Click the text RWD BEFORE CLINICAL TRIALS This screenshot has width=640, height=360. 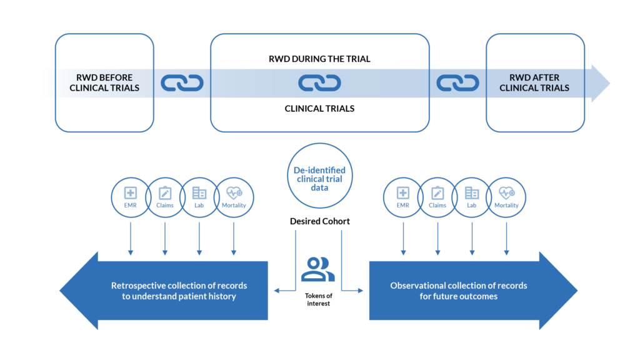104,83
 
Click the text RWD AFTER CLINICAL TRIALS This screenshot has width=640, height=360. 534,83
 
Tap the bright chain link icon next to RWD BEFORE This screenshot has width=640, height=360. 182,83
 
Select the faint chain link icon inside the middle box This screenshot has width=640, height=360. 319,83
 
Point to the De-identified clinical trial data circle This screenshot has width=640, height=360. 319,176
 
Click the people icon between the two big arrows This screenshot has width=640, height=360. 318,269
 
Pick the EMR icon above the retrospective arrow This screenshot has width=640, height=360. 131,197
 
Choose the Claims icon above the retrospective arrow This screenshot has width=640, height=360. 165,197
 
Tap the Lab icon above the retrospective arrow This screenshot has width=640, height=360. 199,197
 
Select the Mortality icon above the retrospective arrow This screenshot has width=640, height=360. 234,197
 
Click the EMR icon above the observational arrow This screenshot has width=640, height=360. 403,197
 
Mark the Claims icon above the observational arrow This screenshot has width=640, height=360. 437,197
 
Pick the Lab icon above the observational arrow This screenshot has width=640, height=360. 472,197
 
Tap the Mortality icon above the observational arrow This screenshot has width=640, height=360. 506,197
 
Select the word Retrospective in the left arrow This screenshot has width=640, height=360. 137,286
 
